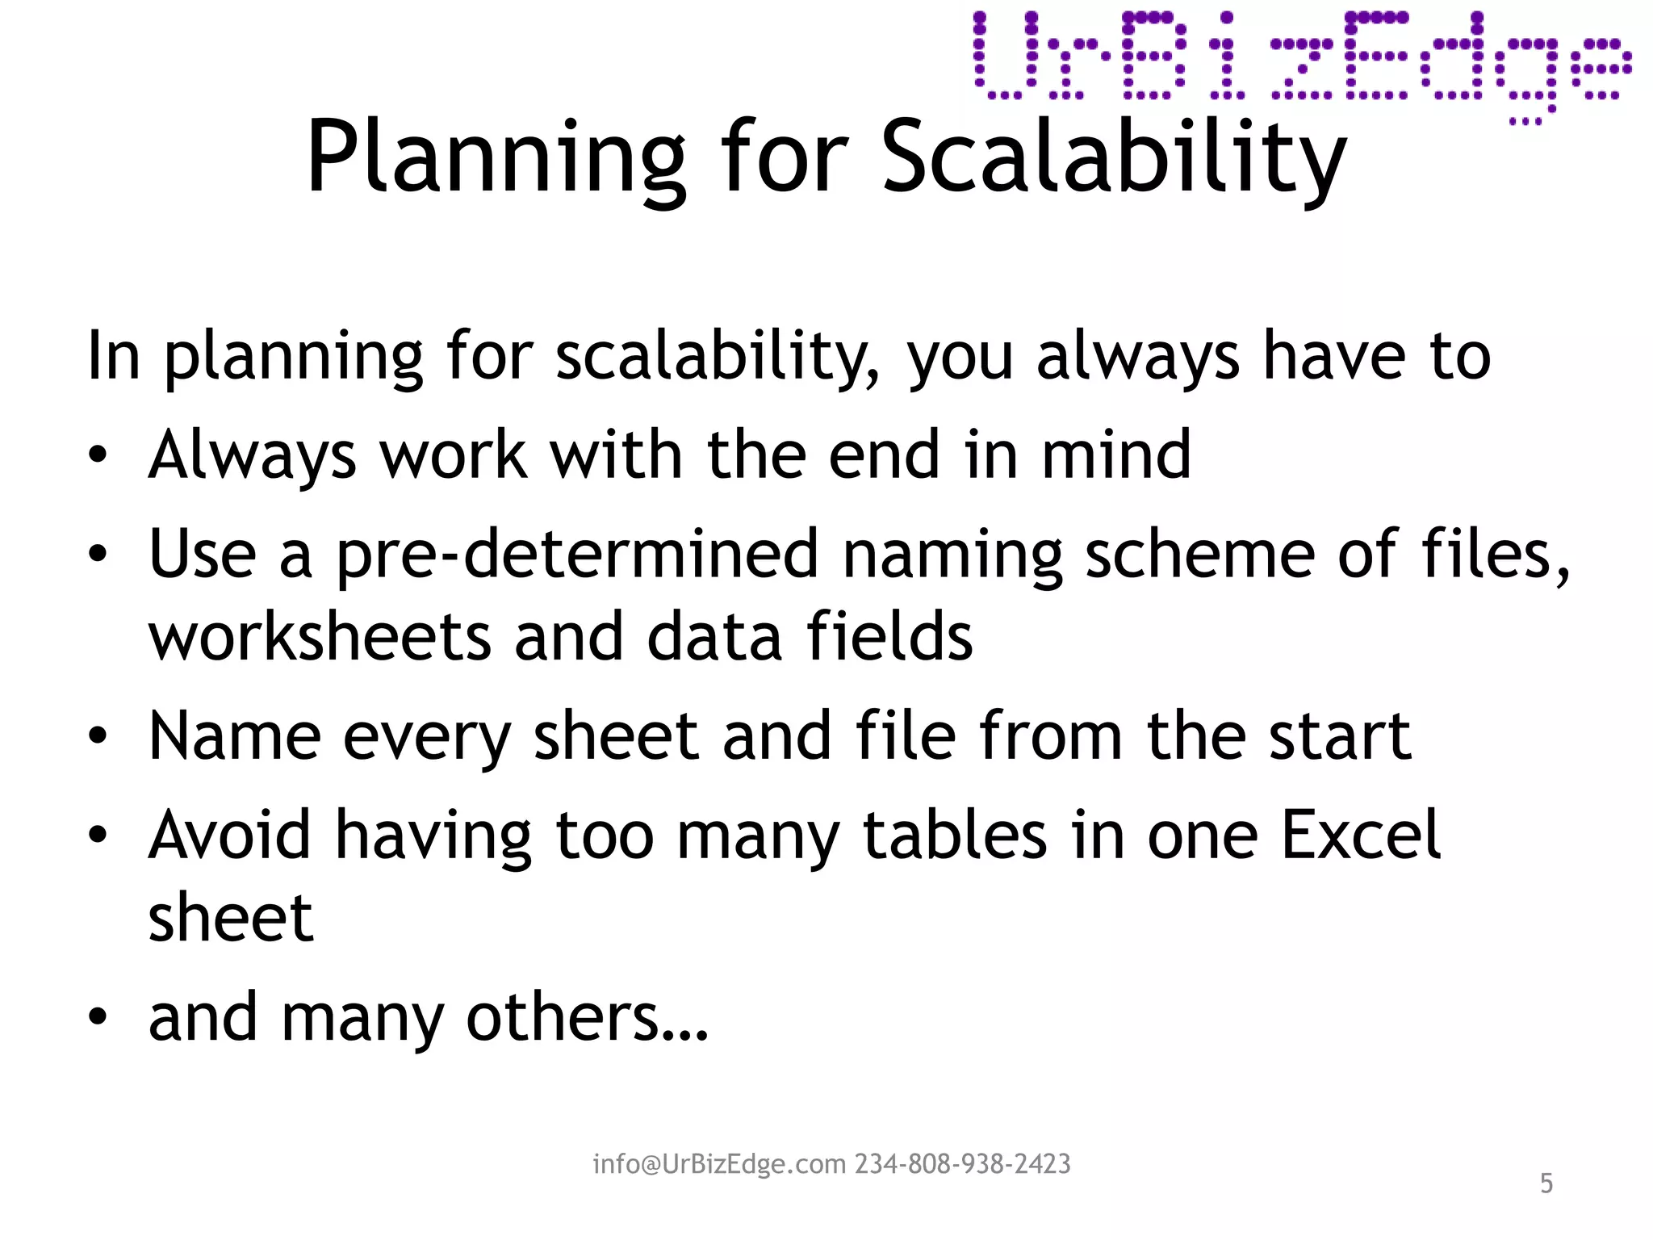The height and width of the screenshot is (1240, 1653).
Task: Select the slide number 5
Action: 1546,1183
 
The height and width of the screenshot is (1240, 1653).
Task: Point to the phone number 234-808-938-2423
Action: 963,1164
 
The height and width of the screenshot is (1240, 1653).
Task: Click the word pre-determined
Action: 577,555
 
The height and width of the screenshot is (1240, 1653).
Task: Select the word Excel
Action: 1361,835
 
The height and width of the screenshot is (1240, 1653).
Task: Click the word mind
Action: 1116,455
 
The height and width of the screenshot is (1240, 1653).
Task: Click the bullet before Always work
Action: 98,455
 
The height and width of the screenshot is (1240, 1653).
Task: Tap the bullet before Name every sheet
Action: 98,736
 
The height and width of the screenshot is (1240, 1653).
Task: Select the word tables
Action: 955,835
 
